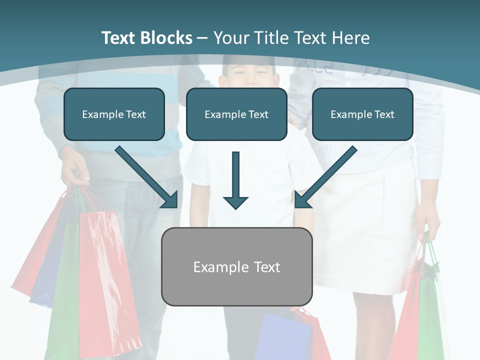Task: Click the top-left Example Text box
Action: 114,114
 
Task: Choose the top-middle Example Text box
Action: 236,114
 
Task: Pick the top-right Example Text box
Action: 362,114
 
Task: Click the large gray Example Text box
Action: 236,266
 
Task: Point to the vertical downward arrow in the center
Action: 235,180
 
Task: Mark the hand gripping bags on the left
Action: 75,170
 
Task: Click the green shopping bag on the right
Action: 431,310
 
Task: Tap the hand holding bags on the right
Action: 429,220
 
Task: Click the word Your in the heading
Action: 231,38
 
